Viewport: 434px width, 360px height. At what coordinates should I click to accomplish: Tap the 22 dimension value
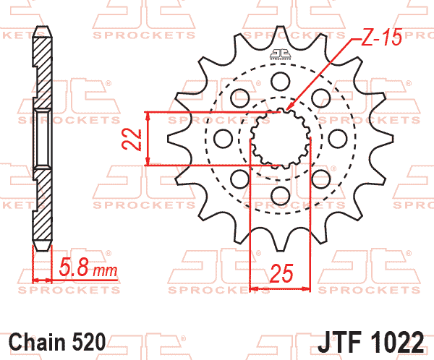coord(130,139)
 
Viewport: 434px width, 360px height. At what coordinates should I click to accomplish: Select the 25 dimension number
coord(280,273)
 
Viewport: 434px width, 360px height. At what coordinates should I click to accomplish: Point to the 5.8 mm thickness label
coord(87,270)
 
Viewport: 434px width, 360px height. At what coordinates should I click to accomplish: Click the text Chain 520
coord(58,340)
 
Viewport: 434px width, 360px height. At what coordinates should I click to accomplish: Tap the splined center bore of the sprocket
coord(279,137)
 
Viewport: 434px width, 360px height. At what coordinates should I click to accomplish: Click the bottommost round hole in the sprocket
coord(279,194)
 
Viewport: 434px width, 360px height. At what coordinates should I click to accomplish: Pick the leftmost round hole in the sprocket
coord(223,137)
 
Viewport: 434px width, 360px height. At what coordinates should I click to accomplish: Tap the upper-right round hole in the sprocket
coord(319,98)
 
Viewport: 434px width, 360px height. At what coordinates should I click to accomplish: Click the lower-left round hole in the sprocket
coord(239,177)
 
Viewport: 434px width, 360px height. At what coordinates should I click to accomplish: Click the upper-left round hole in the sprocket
coord(239,98)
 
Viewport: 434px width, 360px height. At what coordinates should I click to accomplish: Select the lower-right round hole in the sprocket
coord(319,177)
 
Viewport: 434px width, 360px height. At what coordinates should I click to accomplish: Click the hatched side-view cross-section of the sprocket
coord(42,137)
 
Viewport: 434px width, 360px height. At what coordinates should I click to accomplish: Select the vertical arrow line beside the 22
coord(148,139)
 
